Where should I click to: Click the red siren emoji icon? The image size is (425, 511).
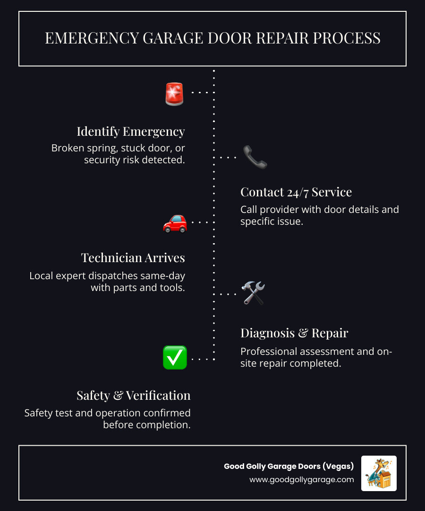coord(174,93)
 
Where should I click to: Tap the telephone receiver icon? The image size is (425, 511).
coord(255,157)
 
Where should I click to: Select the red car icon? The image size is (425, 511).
coord(175,222)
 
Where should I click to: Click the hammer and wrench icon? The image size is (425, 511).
coord(254,293)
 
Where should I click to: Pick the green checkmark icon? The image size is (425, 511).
coord(175,358)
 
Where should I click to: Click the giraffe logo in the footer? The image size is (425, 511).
coord(379,473)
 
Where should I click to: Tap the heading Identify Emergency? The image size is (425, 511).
coord(131,131)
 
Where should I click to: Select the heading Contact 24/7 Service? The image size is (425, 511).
coord(296,192)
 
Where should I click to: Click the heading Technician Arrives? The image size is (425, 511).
coord(133,258)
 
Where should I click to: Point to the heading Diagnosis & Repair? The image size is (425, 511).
coord(294,333)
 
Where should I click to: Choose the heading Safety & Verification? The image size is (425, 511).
coord(134,396)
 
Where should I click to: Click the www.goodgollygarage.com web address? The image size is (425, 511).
coord(302,480)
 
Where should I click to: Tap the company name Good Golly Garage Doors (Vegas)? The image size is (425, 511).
coord(289,467)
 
